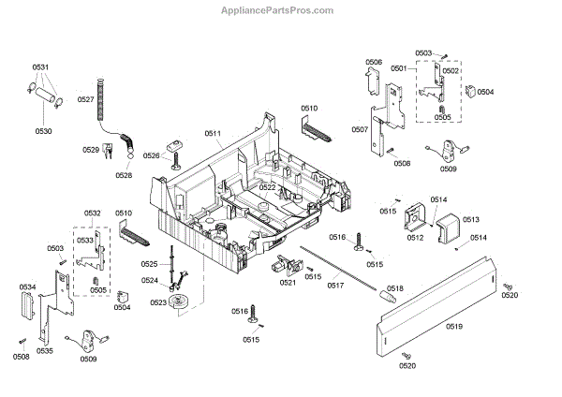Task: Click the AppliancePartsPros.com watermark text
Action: [281, 10]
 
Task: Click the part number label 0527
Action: [86, 99]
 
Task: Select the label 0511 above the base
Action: [213, 135]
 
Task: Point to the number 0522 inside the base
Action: [268, 187]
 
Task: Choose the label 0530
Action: [44, 131]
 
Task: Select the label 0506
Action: [374, 62]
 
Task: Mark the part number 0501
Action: [399, 68]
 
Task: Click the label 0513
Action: [470, 218]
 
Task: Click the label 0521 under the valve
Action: [288, 282]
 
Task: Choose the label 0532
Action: [92, 214]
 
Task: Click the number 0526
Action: [152, 155]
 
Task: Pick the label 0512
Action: [415, 238]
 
